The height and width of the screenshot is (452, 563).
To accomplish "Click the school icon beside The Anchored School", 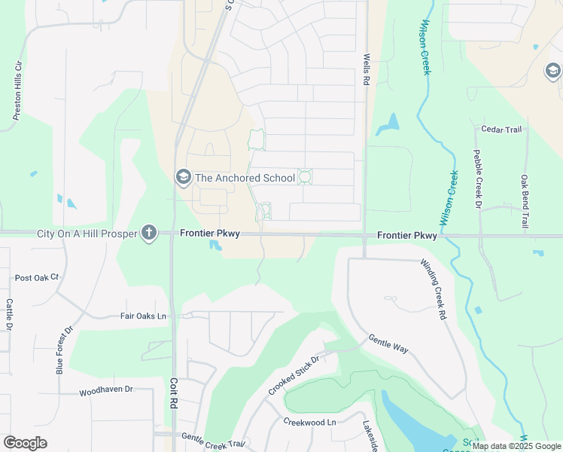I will coord(183,178).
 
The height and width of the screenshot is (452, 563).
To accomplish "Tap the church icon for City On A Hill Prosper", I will coord(149,233).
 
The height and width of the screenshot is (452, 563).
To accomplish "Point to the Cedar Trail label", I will coord(501,130).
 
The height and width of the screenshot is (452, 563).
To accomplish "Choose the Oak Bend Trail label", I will coord(525,202).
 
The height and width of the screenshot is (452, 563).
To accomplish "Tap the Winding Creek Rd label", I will coord(434,289).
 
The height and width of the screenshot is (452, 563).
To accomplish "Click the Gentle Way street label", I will coord(388,344).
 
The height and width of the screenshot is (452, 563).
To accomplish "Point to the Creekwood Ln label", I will coord(309,422).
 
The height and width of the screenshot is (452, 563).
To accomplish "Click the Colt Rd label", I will coord(173,393).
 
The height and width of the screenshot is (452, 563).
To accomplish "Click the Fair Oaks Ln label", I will coord(143,316).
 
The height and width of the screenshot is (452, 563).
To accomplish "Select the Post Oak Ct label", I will coord(37,278).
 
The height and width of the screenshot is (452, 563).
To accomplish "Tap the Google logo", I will coord(25,443).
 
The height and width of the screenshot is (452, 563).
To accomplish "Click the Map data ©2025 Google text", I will coord(516,446).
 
